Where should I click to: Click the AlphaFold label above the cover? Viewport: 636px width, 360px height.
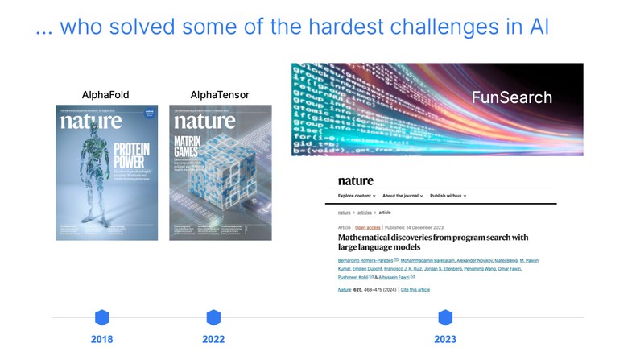pyautogui.click(x=106, y=95)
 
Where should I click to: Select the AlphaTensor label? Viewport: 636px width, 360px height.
pyautogui.click(x=220, y=95)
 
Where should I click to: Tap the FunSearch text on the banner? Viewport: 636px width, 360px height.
pyautogui.click(x=511, y=98)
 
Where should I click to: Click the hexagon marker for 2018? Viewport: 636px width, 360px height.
pyautogui.click(x=101, y=317)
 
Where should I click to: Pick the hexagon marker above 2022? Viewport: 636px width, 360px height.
pyautogui.click(x=213, y=317)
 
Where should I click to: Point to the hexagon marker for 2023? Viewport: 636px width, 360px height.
pyautogui.click(x=445, y=317)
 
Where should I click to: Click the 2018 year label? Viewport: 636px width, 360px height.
pyautogui.click(x=101, y=339)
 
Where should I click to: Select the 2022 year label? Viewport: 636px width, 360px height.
pyautogui.click(x=213, y=339)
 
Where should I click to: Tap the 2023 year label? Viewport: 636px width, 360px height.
pyautogui.click(x=445, y=339)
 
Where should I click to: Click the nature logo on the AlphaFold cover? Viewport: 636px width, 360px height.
pyautogui.click(x=91, y=122)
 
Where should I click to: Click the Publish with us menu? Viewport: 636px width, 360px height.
pyautogui.click(x=448, y=196)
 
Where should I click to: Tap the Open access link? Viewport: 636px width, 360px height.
pyautogui.click(x=367, y=228)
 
